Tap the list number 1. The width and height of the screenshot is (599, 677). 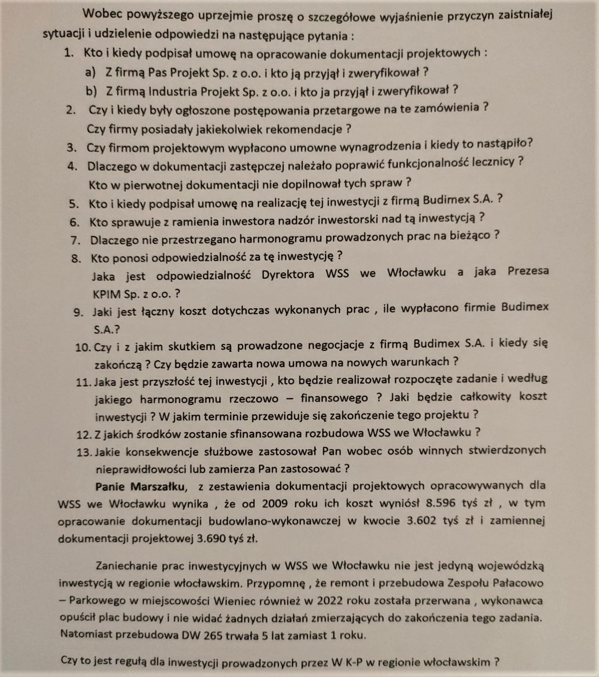[69, 53]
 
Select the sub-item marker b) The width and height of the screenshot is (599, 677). [91, 91]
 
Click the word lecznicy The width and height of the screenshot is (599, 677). [493, 162]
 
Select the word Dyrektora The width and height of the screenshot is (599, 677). [288, 275]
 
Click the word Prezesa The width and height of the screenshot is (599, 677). [528, 271]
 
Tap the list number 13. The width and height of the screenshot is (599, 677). [84, 453]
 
